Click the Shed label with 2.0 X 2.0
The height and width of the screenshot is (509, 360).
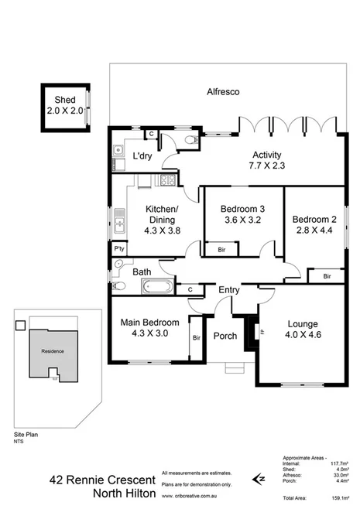pos(64,105)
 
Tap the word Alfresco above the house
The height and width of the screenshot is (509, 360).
pos(222,92)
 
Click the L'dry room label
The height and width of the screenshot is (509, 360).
pos(142,156)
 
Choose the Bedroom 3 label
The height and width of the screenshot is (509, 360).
pos(242,214)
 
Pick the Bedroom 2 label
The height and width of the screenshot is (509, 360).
pos(313,224)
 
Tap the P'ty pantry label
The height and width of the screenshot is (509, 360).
pos(119,250)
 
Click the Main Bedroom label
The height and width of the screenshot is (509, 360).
pos(149,328)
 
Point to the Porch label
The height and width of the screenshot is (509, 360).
pos(225,336)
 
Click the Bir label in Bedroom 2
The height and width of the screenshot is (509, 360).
pos(327,276)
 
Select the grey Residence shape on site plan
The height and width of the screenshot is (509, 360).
pos(53,352)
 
